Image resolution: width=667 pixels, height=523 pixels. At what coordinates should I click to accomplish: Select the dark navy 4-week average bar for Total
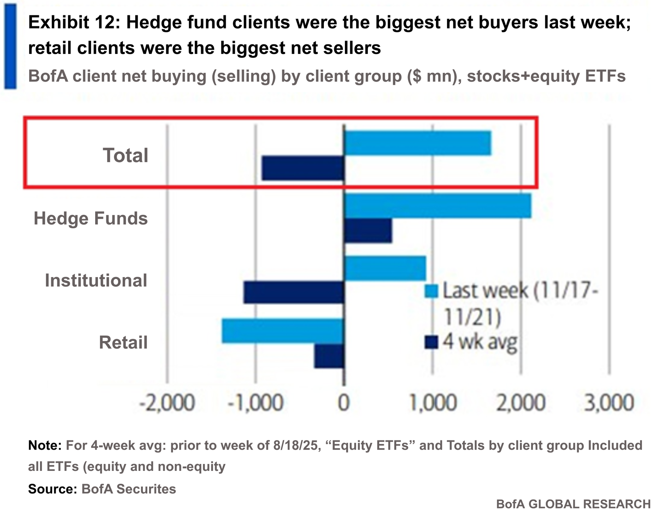[x=303, y=168]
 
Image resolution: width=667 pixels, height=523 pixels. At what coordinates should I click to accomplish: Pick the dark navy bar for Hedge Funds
[x=368, y=231]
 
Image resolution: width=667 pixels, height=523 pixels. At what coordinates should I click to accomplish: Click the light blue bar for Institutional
[x=385, y=268]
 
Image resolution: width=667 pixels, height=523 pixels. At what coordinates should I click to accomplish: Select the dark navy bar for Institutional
[x=294, y=293]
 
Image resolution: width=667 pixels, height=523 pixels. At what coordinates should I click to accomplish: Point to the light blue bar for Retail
[x=283, y=331]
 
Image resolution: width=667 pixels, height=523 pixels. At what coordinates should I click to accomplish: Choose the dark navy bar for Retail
[x=329, y=356]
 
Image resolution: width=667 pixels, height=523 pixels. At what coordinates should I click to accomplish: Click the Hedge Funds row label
[x=91, y=219]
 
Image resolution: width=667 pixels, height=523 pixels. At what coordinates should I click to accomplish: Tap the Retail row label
[x=123, y=343]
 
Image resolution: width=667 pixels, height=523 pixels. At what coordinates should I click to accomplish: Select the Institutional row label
[x=96, y=281]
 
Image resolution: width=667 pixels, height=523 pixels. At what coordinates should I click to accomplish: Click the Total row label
[x=125, y=155]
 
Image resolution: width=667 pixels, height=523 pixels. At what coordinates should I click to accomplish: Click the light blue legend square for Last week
[x=431, y=291]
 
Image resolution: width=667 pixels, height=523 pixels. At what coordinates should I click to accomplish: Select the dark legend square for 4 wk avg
[x=431, y=342]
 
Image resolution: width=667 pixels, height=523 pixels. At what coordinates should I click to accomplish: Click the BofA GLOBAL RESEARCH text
[x=573, y=504]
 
